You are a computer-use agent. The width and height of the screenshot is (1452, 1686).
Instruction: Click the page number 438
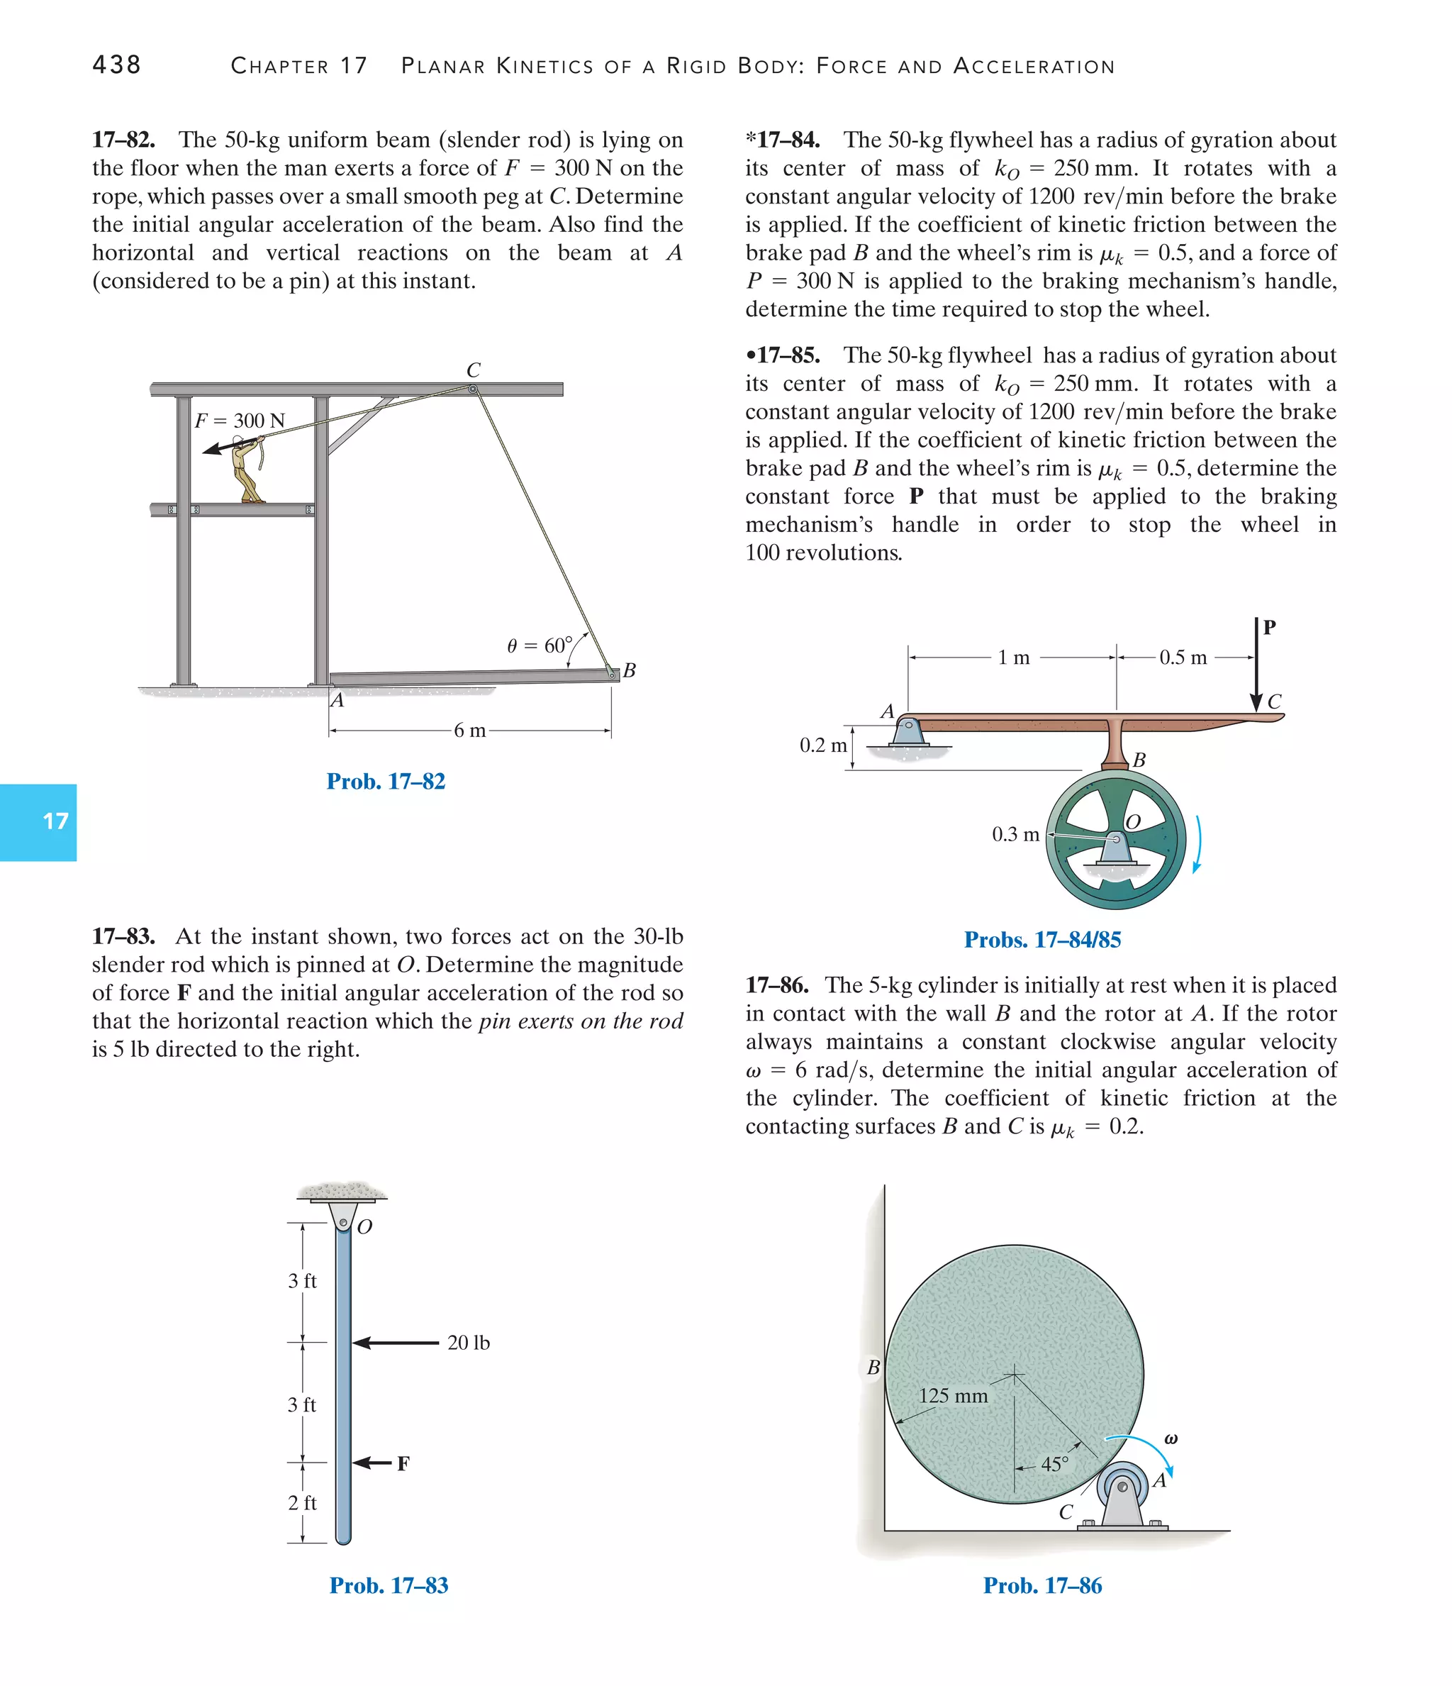116,65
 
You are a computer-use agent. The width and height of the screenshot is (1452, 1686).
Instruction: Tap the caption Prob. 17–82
386,781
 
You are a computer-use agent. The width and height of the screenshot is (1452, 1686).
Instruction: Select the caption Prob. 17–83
388,1585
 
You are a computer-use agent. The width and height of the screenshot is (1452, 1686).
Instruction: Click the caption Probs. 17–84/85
1042,940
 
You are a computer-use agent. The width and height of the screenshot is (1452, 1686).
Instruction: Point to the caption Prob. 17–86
1042,1585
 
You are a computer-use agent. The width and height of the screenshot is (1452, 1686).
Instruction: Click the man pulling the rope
245,470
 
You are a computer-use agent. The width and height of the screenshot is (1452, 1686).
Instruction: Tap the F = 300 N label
240,421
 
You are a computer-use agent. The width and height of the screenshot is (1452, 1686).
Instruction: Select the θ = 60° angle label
539,645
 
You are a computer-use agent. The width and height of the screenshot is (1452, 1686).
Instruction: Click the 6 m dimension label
469,731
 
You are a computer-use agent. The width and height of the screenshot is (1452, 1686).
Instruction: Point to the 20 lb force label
469,1343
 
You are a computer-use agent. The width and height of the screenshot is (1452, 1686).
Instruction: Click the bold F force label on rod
403,1464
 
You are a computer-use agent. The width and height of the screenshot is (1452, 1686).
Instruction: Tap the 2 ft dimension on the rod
302,1503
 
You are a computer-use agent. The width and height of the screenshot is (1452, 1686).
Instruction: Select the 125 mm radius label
953,1395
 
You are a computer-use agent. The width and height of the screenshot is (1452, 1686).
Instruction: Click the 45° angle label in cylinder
1054,1465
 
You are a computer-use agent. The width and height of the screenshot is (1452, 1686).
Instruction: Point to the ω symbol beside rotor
1171,1438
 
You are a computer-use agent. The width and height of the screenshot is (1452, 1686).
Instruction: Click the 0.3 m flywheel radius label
1015,834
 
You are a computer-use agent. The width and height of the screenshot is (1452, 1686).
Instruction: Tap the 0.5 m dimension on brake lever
1183,658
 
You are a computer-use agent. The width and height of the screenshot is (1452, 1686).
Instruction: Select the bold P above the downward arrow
1269,626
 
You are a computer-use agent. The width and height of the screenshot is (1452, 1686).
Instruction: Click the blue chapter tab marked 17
39,822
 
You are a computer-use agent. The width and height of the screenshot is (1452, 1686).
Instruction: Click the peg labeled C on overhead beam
473,389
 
